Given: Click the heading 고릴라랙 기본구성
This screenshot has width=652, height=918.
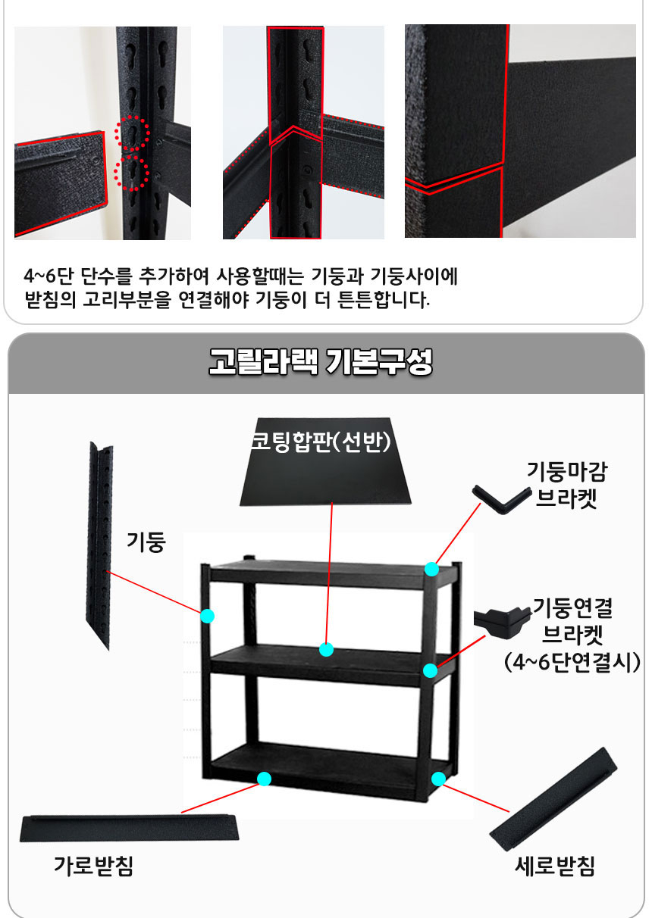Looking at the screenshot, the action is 321,361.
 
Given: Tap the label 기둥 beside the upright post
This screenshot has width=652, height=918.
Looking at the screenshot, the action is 146,542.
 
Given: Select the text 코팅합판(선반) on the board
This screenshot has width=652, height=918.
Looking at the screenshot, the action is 321,442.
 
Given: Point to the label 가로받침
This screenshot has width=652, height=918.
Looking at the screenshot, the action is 93,866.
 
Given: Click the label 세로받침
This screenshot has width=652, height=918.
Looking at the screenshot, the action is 555,866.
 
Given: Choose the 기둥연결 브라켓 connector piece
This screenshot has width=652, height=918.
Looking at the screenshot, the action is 502,622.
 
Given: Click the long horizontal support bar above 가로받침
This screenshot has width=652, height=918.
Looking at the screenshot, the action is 129,828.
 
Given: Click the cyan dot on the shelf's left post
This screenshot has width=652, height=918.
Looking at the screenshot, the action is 207,616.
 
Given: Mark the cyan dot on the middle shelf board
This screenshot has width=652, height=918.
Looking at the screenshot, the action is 326,650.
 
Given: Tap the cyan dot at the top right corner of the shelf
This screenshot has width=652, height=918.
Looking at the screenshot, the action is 431,569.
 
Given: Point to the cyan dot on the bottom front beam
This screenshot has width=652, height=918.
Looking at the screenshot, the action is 265,779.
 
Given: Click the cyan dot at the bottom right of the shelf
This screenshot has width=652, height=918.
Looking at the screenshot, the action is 439,779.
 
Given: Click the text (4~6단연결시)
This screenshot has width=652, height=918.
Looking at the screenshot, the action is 572,662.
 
